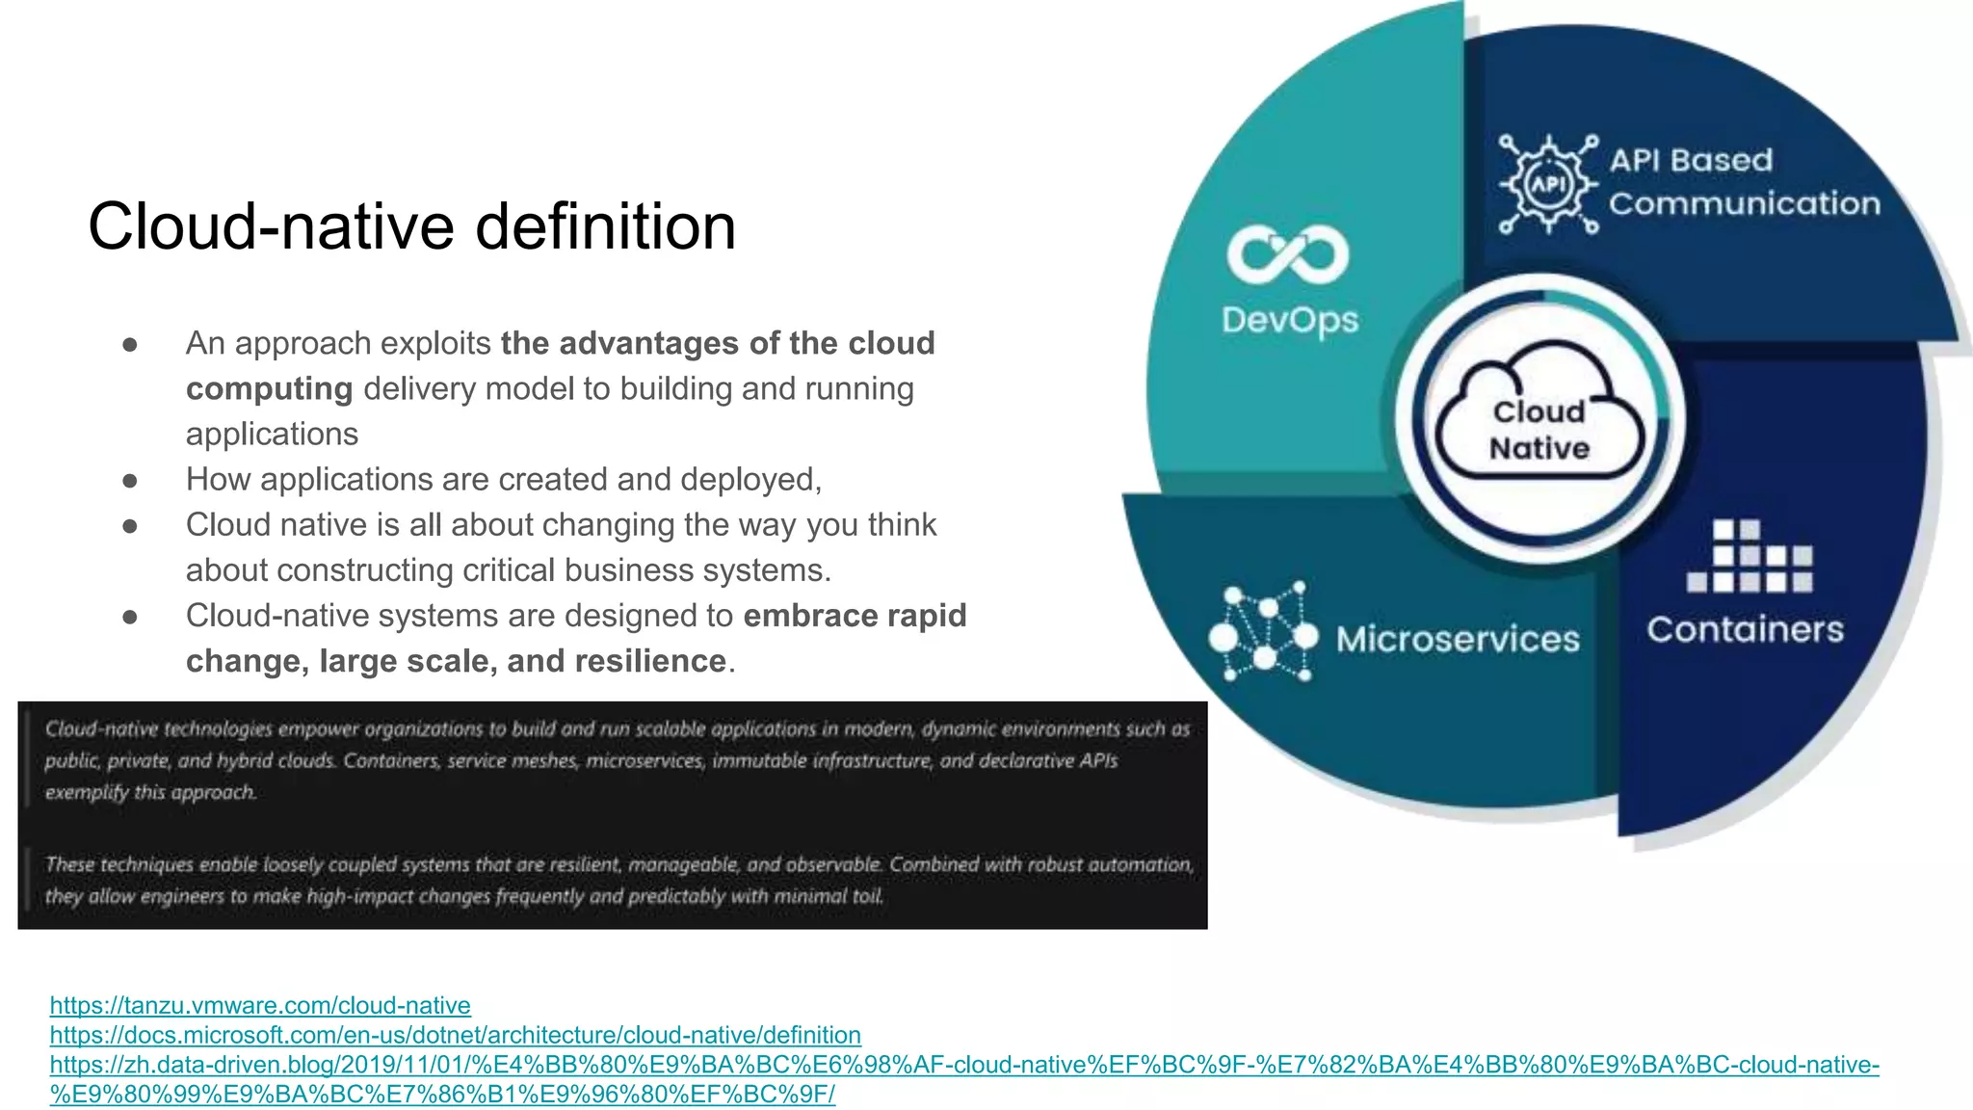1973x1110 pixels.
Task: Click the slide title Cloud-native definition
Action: (x=411, y=227)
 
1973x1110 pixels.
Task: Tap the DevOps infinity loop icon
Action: (x=1287, y=255)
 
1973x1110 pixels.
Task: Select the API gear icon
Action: (x=1548, y=184)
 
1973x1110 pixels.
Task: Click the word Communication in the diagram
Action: (x=1744, y=204)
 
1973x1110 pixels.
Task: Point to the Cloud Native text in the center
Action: (x=1539, y=430)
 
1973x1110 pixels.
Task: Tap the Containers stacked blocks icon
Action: (x=1749, y=556)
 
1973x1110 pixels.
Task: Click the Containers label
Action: (x=1745, y=630)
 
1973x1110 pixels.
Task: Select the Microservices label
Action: (x=1458, y=640)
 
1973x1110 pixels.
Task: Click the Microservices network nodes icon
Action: (x=1263, y=633)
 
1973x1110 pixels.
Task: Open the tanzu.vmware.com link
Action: (x=260, y=1005)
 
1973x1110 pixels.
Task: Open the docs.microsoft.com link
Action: (x=455, y=1035)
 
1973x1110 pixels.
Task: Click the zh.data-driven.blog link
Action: (x=963, y=1065)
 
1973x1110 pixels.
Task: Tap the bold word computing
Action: (x=269, y=388)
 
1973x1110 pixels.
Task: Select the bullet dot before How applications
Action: (x=130, y=480)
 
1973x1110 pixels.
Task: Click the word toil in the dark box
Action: (x=867, y=896)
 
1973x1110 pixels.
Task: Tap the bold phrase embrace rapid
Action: (x=855, y=616)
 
